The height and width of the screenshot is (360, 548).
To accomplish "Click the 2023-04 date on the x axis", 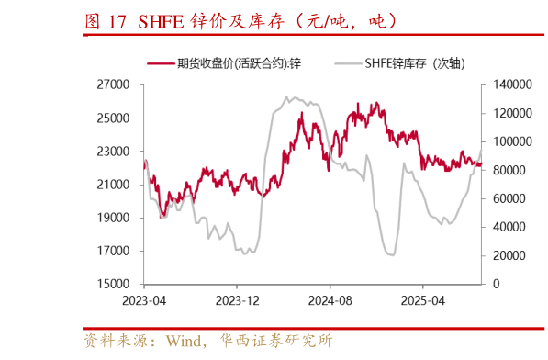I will (x=144, y=300).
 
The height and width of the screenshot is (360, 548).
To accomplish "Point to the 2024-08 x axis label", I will (x=330, y=300).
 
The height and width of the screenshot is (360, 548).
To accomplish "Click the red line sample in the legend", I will (x=162, y=62).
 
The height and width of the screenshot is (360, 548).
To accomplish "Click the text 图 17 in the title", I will (x=106, y=20).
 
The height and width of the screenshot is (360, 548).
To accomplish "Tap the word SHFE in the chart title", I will (x=161, y=20).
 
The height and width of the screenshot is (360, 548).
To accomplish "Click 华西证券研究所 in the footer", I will (x=275, y=341).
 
